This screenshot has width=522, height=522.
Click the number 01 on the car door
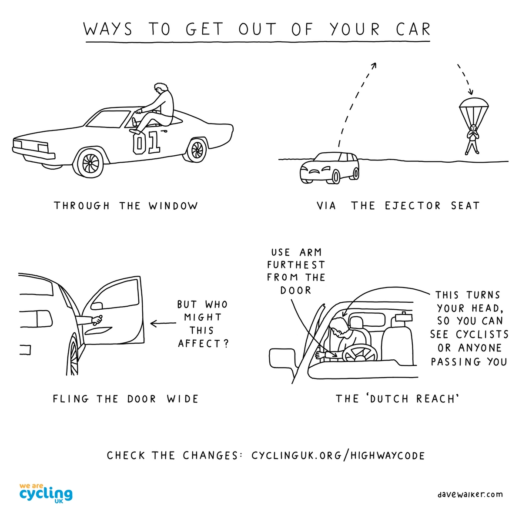coord(146,143)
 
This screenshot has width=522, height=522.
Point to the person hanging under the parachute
coord(472,138)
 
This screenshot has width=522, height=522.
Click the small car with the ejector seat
coord(329,167)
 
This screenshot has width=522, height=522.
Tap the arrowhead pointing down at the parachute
coord(470,92)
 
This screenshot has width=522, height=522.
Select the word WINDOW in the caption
coord(173,206)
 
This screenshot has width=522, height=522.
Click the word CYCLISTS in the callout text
coord(482,335)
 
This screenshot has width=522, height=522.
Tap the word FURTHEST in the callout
coord(296,265)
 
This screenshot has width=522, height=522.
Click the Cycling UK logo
coord(46,493)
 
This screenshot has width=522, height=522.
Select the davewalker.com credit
coord(470,494)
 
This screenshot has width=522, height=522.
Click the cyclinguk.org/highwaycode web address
coord(338,455)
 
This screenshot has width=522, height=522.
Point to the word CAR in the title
coord(413,30)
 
